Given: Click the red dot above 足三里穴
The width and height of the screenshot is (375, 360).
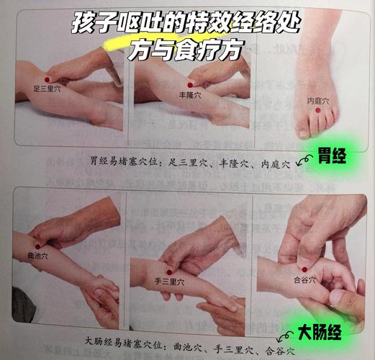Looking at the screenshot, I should click(48, 78).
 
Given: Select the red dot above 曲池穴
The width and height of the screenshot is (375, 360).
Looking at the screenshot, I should click(37, 246).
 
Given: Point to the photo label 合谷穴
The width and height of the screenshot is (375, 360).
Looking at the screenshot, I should click(304, 279).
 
